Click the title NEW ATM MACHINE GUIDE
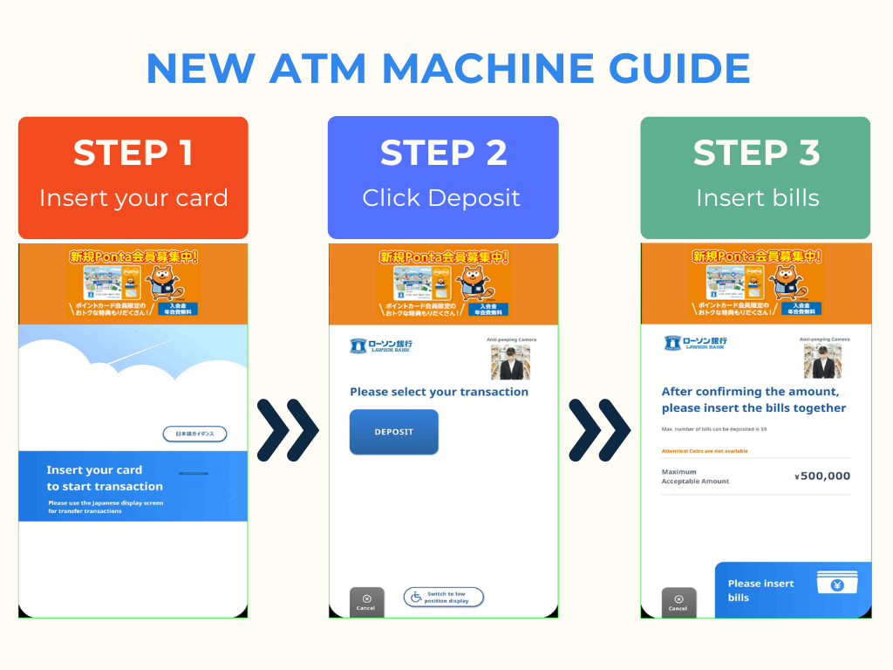(x=447, y=68)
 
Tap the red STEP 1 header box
(x=133, y=177)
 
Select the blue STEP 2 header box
(x=443, y=177)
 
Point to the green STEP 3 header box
(x=755, y=177)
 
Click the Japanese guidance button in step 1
(x=194, y=434)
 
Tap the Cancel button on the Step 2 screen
(x=366, y=602)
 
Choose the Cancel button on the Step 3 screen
(x=678, y=602)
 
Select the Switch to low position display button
(x=443, y=598)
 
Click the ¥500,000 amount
(x=822, y=476)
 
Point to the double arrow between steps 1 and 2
(x=288, y=430)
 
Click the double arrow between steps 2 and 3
(x=599, y=430)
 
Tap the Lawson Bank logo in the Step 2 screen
(x=381, y=345)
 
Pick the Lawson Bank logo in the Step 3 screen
(x=694, y=343)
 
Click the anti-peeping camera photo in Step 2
(x=510, y=361)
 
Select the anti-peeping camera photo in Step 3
(x=822, y=361)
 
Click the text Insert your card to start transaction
(x=105, y=478)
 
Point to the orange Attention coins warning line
(x=705, y=451)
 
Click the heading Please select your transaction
(x=439, y=392)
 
